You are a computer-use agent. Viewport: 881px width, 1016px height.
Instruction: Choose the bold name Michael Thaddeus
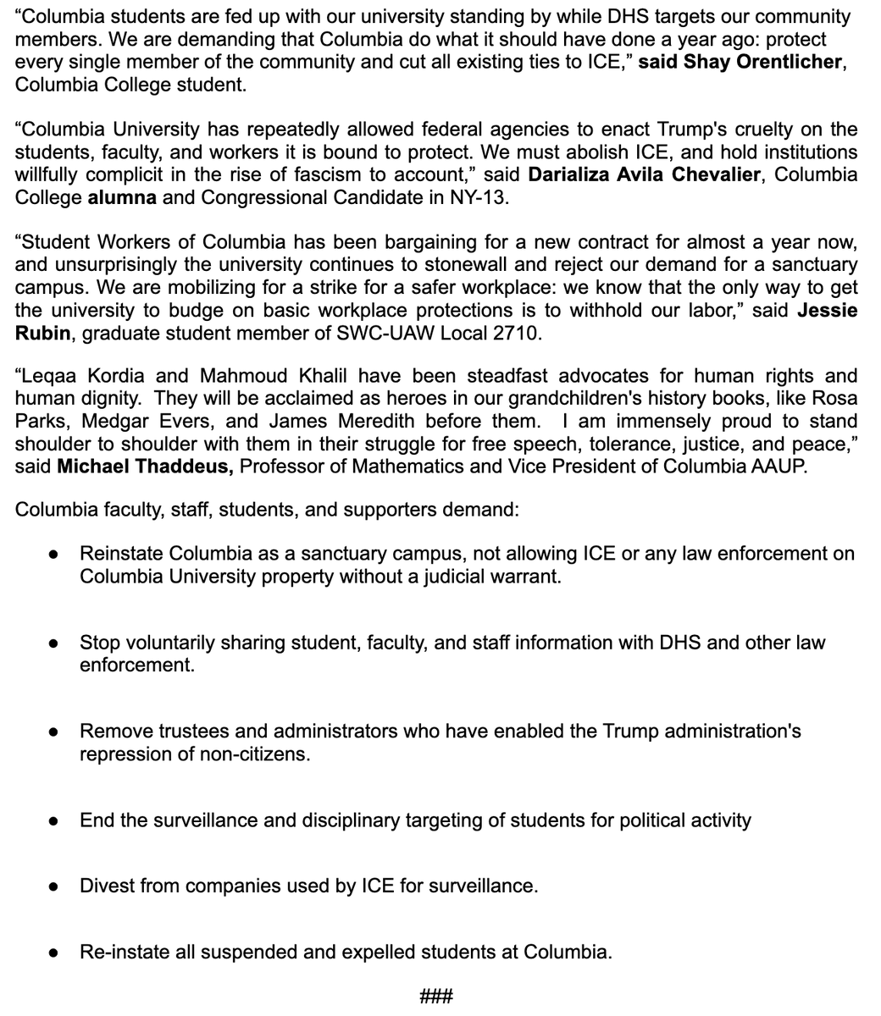click(x=145, y=467)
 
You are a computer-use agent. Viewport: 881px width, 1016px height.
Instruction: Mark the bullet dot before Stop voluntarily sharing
click(x=53, y=643)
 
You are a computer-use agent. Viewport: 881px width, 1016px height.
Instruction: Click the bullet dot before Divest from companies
click(x=53, y=886)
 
